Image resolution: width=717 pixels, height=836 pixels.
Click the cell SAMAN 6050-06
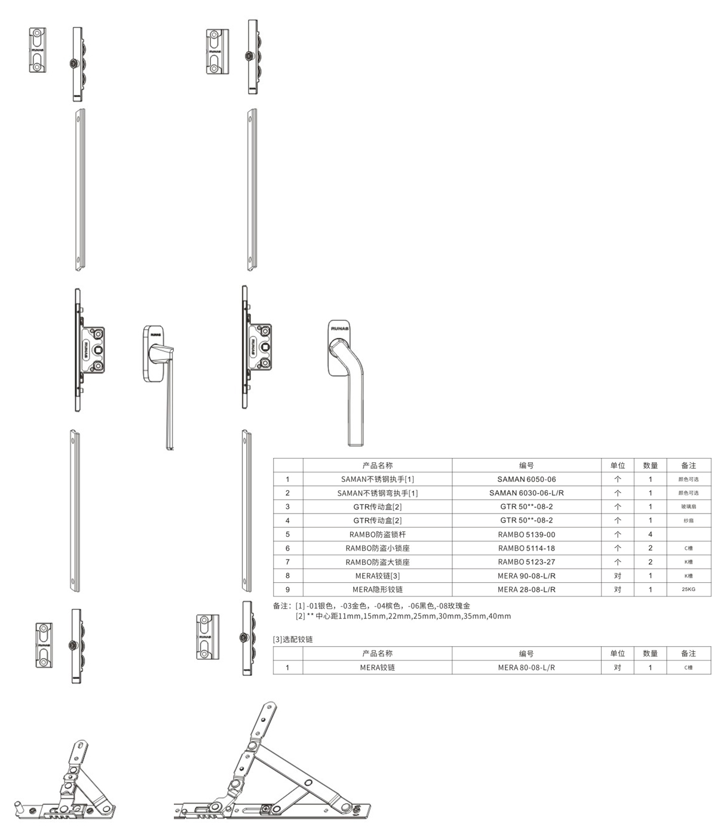(x=526, y=479)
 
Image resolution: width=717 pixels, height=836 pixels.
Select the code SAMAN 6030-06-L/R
(x=526, y=493)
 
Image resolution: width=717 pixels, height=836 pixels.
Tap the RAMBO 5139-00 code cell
(x=526, y=534)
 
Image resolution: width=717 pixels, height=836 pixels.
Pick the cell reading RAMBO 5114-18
(x=526, y=548)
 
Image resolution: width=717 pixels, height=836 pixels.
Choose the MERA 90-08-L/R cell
(x=526, y=576)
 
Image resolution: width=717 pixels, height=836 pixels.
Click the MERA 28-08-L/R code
(x=526, y=589)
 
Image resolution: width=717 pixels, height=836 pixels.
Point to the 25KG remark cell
(x=688, y=589)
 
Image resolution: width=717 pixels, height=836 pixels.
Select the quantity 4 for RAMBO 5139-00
(x=650, y=534)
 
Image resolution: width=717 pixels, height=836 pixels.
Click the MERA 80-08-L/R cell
(x=526, y=668)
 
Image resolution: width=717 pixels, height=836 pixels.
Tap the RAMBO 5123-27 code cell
(x=526, y=562)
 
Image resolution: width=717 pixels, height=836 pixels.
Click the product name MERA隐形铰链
(x=377, y=589)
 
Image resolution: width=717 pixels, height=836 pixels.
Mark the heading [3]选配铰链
(x=293, y=639)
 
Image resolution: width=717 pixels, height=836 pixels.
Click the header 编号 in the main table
(x=526, y=465)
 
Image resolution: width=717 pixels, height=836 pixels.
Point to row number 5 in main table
(x=287, y=534)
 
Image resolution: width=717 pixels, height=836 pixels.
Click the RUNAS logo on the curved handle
(x=340, y=328)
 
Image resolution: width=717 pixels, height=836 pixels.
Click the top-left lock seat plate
(x=38, y=51)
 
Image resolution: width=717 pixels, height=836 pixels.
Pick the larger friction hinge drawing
(x=272, y=770)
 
